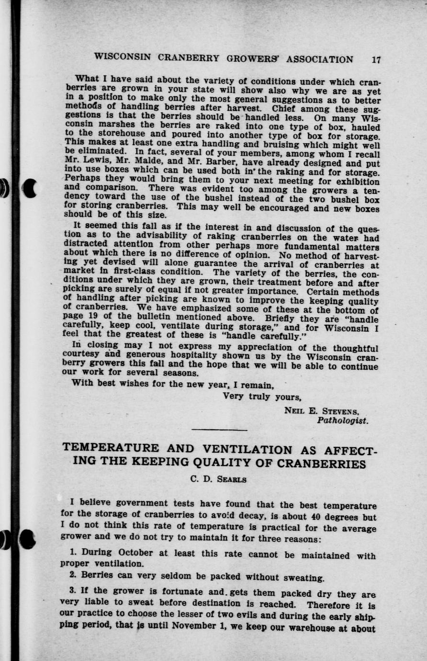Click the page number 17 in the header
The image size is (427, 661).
click(x=376, y=60)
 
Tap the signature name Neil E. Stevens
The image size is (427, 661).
click(x=321, y=411)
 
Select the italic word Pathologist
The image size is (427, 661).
click(x=342, y=421)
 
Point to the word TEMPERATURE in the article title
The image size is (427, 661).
click(x=111, y=448)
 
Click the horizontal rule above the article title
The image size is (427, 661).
click(x=219, y=430)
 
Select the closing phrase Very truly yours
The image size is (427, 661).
click(x=262, y=397)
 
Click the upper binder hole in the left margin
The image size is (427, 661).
click(x=30, y=188)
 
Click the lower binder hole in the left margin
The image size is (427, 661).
click(x=28, y=539)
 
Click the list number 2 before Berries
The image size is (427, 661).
click(x=72, y=574)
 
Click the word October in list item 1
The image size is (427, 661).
click(x=135, y=553)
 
